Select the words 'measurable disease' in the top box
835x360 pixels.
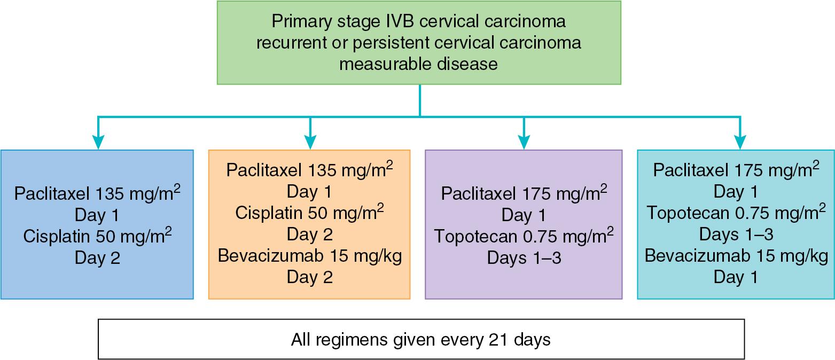click(419, 64)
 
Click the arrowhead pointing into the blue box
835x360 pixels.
click(98, 142)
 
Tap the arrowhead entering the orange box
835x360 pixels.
click(310, 142)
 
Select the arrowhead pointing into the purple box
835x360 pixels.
click(524, 142)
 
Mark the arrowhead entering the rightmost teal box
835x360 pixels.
click(739, 142)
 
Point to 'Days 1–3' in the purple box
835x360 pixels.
click(524, 258)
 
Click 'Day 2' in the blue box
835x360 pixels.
click(97, 258)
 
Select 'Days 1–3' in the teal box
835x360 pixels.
click(736, 234)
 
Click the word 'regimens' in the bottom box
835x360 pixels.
click(349, 340)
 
